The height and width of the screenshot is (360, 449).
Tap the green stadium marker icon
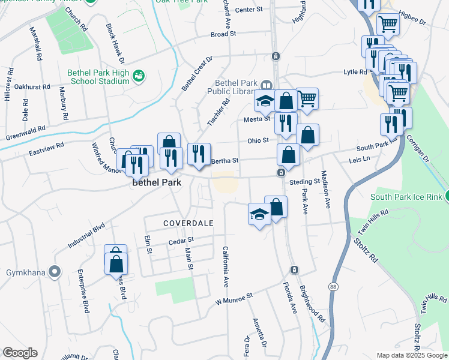139,75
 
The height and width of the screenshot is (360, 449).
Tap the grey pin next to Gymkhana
55,272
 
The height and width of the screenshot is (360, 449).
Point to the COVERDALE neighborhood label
188,223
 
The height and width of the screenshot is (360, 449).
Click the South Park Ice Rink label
406,197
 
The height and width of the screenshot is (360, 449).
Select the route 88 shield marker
333,287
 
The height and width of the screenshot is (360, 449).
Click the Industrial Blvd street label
86,235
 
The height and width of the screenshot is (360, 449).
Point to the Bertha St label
225,161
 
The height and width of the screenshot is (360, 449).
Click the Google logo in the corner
20,353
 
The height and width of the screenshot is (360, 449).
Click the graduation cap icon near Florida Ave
259,215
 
